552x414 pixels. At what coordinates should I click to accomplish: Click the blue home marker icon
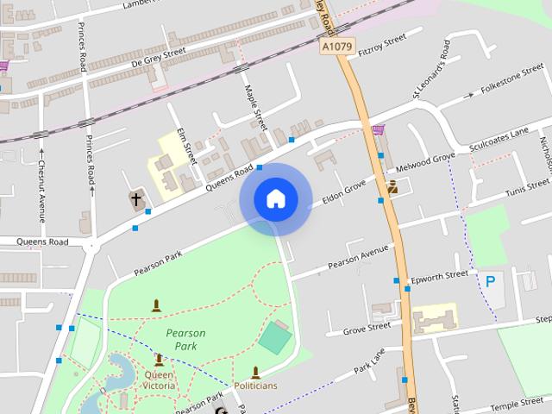(275, 198)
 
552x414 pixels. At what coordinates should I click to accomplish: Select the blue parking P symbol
(491, 280)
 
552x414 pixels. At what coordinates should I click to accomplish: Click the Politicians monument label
(256, 385)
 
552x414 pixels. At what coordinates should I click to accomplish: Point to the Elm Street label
(187, 146)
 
